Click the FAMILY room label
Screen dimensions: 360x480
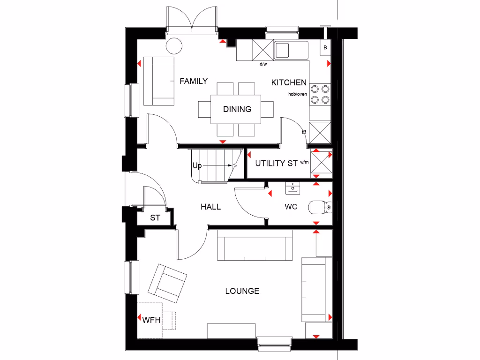[x=194, y=81]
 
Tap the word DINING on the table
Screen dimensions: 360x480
[x=237, y=109]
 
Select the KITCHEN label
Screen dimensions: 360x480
[x=289, y=82]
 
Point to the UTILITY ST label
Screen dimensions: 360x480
[x=276, y=164]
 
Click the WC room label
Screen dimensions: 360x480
[x=291, y=207]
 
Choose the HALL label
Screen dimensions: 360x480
[x=210, y=207]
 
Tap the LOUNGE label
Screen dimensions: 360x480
[x=242, y=291]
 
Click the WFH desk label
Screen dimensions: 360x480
[x=151, y=321]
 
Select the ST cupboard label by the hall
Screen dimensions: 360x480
[x=155, y=218]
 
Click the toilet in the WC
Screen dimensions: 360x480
[x=321, y=207]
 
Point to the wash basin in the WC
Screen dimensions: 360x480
[x=293, y=188]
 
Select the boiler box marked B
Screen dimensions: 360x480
[x=325, y=48]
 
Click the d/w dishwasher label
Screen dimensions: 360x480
[x=263, y=64]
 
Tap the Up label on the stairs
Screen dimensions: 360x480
[x=197, y=165]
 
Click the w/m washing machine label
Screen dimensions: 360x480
[x=305, y=163]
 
